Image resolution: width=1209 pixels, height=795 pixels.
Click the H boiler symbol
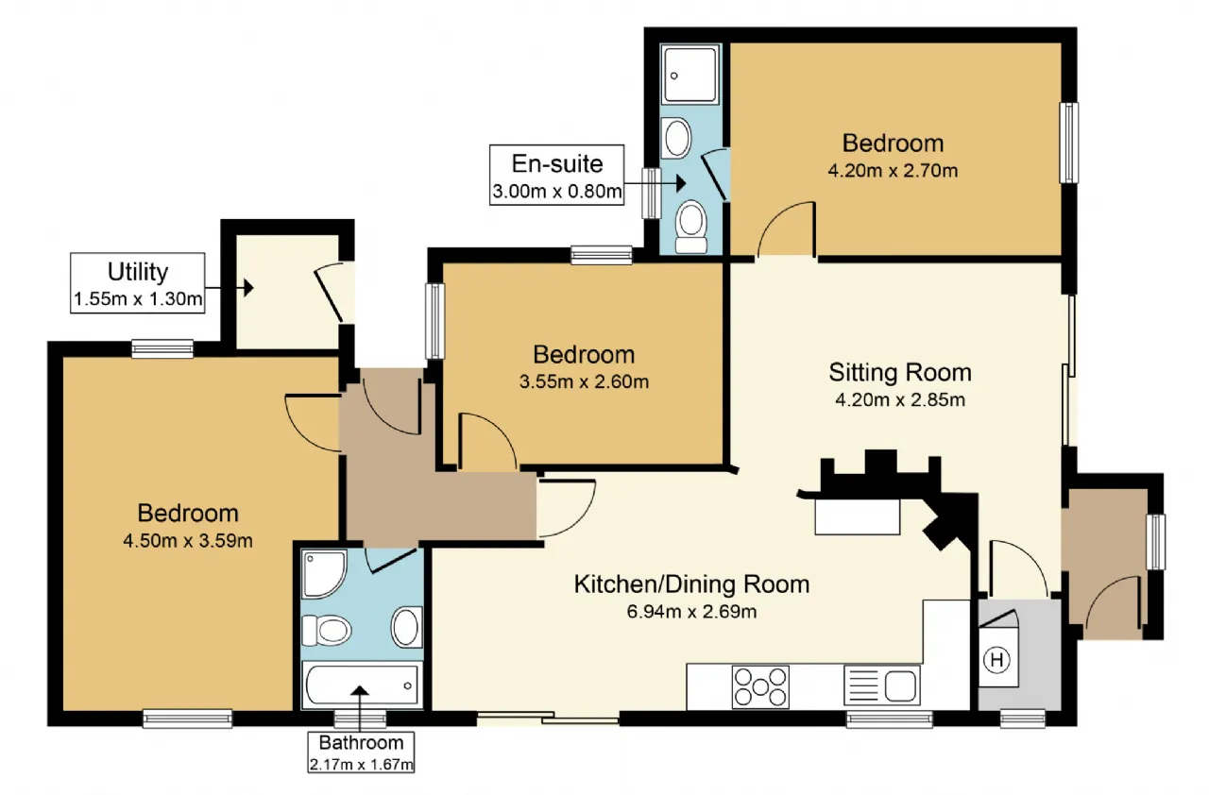[x=996, y=660]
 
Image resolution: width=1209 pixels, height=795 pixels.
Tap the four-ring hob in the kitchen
[x=760, y=686]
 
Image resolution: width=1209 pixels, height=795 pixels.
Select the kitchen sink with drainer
[x=882, y=685]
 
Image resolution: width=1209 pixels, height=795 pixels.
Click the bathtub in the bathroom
[x=361, y=685]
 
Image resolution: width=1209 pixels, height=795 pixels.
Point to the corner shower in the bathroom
[x=324, y=574]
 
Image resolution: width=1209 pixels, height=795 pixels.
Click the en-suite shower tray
[x=690, y=74]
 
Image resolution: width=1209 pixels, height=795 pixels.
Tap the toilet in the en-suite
[x=691, y=227]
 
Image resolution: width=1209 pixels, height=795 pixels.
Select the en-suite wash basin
[x=677, y=138]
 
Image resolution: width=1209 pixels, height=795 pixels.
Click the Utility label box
[x=138, y=282]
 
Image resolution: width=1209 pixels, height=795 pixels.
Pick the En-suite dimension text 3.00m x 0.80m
[x=557, y=191]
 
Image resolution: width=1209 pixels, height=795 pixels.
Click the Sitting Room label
[x=900, y=372]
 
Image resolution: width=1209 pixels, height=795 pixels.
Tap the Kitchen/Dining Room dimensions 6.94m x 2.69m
[x=691, y=612]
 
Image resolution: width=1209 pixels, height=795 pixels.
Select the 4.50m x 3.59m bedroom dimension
[x=188, y=540]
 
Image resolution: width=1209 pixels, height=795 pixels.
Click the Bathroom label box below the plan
[x=361, y=753]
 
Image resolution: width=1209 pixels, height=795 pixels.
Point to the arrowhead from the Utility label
[x=248, y=287]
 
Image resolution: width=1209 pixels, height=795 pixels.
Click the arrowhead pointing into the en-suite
[x=681, y=183]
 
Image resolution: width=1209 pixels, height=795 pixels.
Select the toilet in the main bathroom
[x=327, y=630]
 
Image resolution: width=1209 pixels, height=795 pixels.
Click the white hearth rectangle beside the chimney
[x=857, y=516]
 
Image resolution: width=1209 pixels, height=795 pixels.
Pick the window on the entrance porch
[x=1155, y=542]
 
